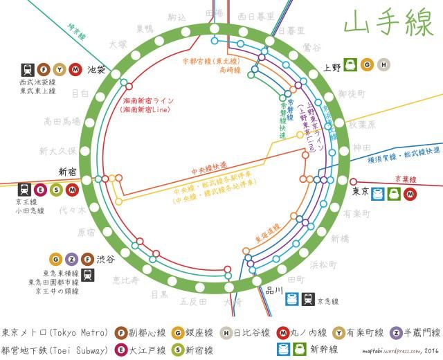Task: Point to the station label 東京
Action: pos(359,192)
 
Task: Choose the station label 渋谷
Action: pos(106,259)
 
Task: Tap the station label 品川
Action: pos(274,291)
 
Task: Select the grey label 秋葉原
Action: pos(361,125)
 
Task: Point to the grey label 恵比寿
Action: pos(126,280)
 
